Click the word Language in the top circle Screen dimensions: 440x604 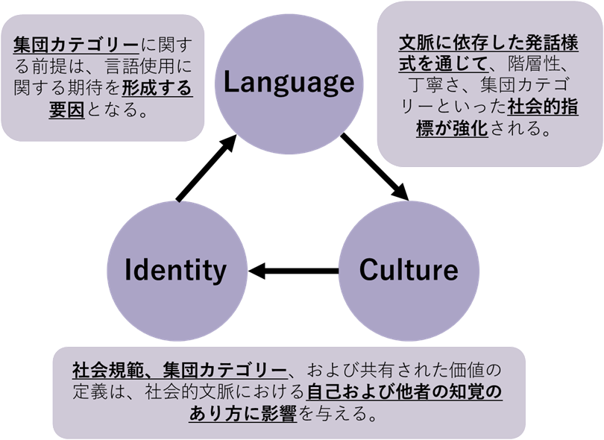tap(289, 82)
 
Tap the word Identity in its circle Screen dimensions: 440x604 tap(175, 269)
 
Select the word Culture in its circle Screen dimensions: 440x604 tap(408, 269)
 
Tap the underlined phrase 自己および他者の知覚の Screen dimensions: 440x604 tap(404, 391)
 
